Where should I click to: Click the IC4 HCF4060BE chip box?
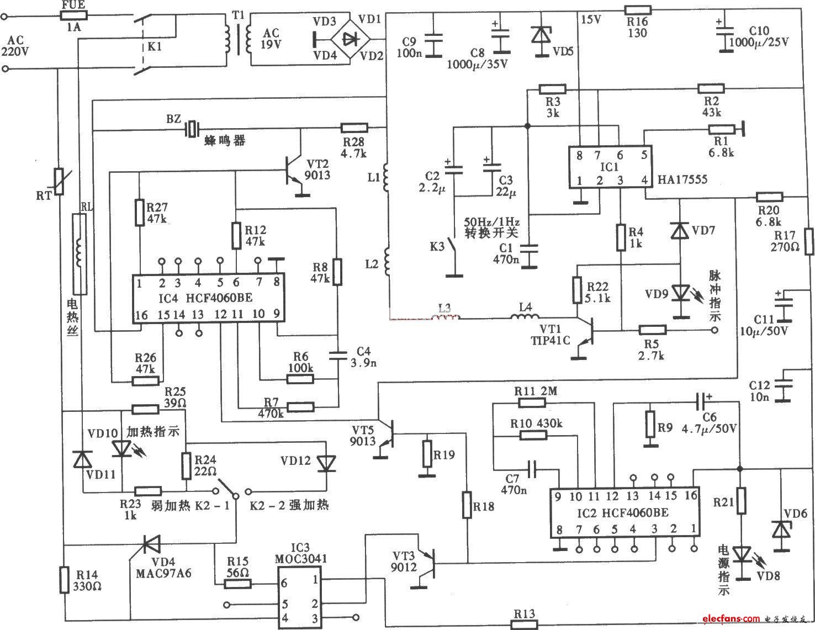[208, 298]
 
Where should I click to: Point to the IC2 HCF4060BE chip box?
[624, 512]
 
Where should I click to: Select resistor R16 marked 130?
[638, 9]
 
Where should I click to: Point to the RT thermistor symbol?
[58, 182]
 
